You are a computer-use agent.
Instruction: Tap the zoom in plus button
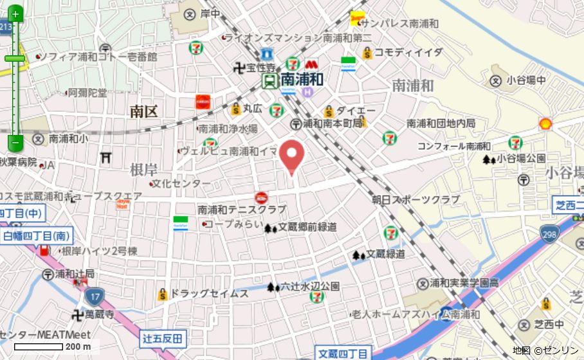coord(15,14)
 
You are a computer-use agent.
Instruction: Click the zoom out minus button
coord(15,141)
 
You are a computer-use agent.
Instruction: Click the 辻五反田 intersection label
coord(163,338)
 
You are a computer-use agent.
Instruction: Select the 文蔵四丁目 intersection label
coord(343,354)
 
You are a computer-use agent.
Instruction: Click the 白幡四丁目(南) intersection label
coord(37,236)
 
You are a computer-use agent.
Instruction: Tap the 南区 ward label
coord(143,112)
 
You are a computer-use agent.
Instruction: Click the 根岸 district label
coord(143,170)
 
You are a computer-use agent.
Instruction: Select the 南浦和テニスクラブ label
coord(241,210)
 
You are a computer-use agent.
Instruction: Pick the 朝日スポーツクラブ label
coord(415,200)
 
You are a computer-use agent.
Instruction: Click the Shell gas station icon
coord(545,123)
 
